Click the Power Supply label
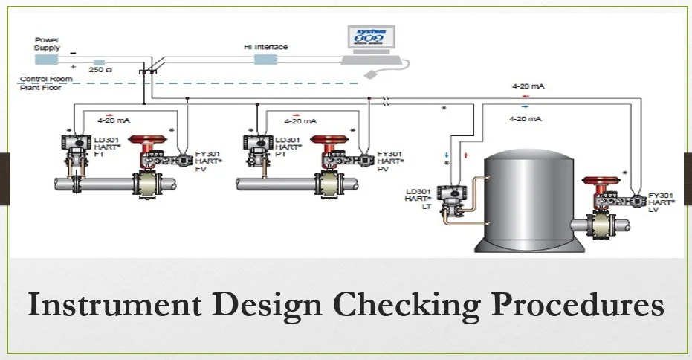pyautogui.click(x=47, y=43)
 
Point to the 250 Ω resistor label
pyautogui.click(x=100, y=70)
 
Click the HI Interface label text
pyautogui.click(x=265, y=47)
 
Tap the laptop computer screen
pyautogui.click(x=371, y=39)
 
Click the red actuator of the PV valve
pyautogui.click(x=329, y=139)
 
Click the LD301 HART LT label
pyautogui.click(x=418, y=200)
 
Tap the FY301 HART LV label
pyautogui.click(x=662, y=202)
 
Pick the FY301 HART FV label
pyautogui.click(x=208, y=161)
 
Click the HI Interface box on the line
pyautogui.click(x=265, y=60)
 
